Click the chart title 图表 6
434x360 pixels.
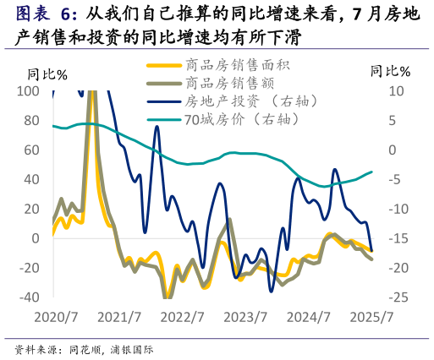(46, 14)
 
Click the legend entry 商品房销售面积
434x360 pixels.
(231, 64)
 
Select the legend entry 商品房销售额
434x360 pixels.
(223, 83)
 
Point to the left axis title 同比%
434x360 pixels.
(47, 74)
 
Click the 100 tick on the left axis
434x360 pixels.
(27, 91)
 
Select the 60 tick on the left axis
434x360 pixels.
(30, 150)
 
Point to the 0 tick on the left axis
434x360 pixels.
(35, 238)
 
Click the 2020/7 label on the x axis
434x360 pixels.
(55, 318)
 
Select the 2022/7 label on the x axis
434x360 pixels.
(182, 318)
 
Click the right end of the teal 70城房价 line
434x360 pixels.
(371, 172)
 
